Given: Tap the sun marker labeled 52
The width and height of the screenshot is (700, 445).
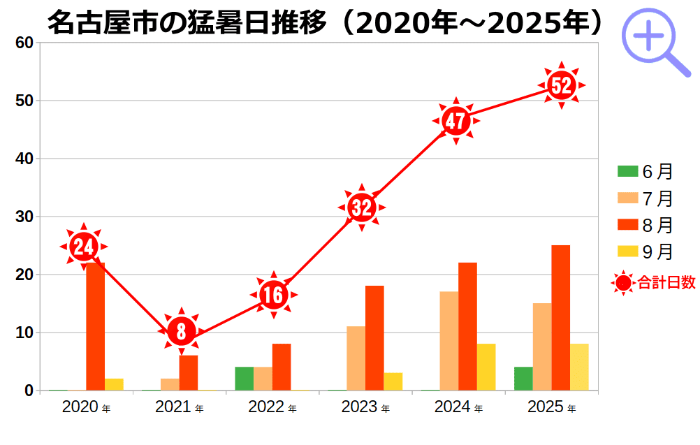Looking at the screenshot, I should coord(561,85).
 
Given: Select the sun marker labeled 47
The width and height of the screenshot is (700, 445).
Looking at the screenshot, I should coord(455,122).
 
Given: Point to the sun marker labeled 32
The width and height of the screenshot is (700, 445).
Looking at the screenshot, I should coord(362,207).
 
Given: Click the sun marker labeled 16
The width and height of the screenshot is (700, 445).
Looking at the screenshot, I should coord(273,296).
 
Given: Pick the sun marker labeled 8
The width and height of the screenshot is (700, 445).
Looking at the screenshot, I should coord(181,331).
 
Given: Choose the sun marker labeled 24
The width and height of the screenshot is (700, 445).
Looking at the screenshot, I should coord(84,247).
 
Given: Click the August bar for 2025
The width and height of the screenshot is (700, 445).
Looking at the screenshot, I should coord(560,318).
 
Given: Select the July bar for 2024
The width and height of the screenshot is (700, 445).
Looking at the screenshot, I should coord(449,341).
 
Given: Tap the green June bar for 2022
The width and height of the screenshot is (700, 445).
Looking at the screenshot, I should coord(245,378).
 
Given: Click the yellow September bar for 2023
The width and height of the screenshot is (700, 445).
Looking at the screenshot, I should coord(393,381).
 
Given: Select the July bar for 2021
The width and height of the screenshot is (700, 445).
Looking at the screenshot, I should coord(170,384).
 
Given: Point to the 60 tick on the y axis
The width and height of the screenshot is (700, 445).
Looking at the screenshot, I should coord(24,43).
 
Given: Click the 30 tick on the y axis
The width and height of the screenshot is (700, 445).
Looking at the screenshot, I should coord(24,217).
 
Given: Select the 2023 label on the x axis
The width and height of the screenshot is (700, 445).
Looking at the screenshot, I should coord(360,407).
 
